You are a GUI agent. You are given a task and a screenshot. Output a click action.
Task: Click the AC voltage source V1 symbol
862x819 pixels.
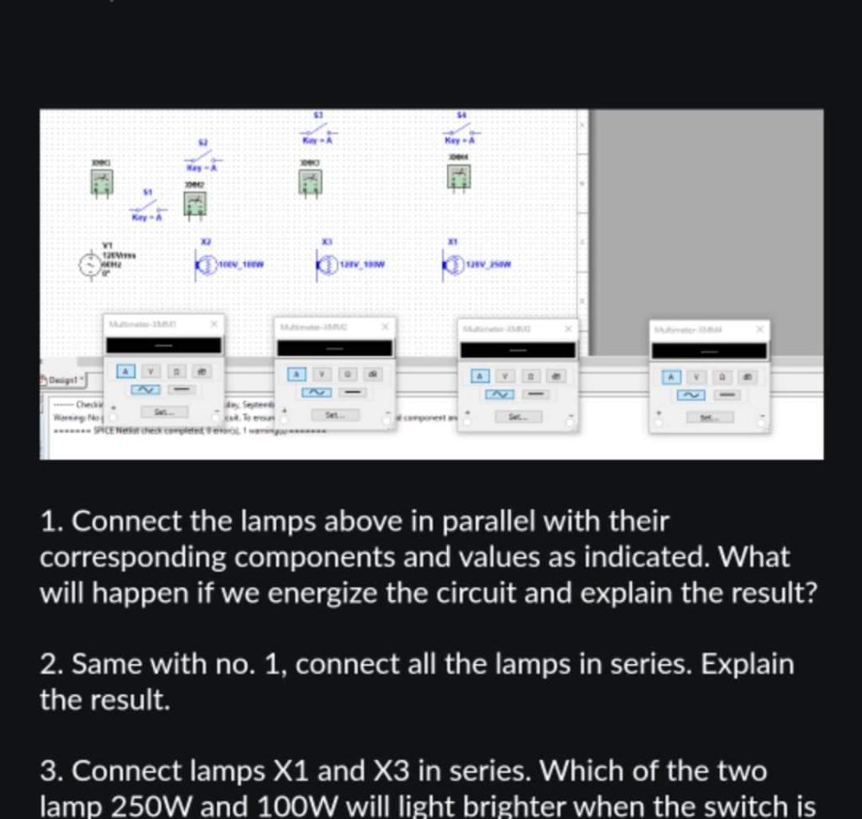coord(90,264)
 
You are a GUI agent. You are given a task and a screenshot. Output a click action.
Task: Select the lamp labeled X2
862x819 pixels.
coord(205,266)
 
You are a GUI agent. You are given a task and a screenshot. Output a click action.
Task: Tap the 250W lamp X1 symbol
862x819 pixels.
coord(452,266)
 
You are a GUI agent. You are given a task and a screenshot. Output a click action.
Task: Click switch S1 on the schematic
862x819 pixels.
coord(146,205)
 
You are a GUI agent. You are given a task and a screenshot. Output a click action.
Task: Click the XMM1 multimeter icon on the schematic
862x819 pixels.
coord(102,182)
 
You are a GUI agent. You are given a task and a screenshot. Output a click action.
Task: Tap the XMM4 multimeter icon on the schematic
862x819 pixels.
coord(459,176)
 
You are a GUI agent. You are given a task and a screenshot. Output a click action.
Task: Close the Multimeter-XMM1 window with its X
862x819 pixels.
coord(214,323)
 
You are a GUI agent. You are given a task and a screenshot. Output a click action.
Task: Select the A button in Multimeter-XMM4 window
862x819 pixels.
coord(670,377)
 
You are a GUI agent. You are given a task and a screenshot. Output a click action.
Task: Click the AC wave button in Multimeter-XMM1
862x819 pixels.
coord(145,390)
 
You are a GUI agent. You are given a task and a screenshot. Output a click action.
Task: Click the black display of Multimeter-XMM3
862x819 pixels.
coord(518,349)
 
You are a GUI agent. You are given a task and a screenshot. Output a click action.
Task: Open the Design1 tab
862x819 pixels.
coord(62,380)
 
